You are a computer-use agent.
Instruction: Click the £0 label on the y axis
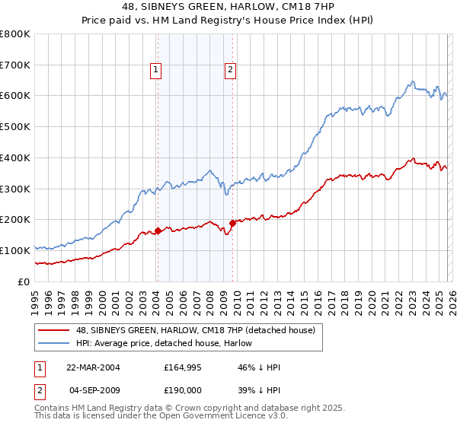click(x=24, y=281)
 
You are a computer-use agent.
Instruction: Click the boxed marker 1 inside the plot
click(x=156, y=71)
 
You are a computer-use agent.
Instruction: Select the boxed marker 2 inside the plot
click(x=230, y=71)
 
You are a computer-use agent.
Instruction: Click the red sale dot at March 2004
click(x=158, y=230)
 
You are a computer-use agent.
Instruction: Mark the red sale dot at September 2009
click(x=232, y=223)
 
